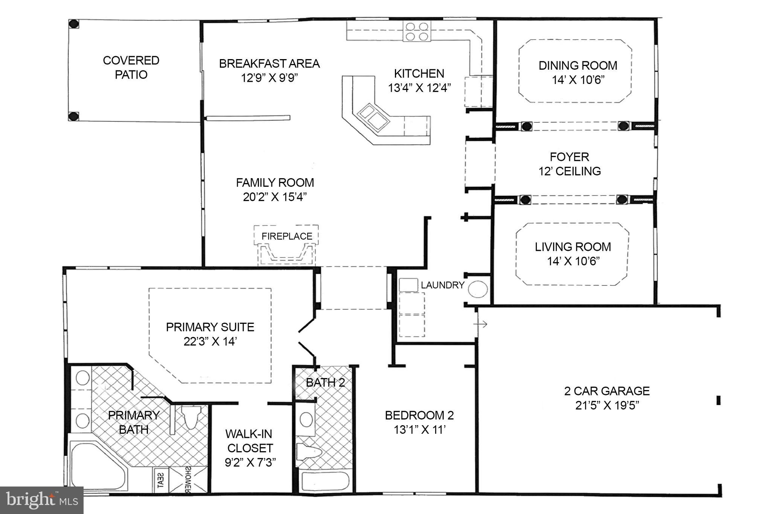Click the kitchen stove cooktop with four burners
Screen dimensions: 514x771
click(x=417, y=31)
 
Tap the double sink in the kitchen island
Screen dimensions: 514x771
click(x=372, y=116)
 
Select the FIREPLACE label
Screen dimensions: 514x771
click(x=287, y=236)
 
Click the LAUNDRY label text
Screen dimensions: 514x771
click(x=442, y=285)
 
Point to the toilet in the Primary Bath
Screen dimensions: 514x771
click(x=191, y=417)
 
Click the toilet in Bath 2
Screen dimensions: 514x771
click(x=309, y=451)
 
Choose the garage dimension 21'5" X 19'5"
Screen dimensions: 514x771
click(x=607, y=406)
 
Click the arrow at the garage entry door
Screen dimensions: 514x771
click(x=482, y=324)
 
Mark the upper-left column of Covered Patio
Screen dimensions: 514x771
click(x=74, y=24)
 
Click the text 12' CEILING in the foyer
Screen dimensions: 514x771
click(x=569, y=171)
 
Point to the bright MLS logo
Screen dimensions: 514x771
click(x=41, y=500)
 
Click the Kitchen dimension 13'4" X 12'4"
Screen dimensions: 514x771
click(x=419, y=88)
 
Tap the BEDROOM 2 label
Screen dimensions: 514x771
click(x=419, y=415)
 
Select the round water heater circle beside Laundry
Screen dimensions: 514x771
click(x=478, y=289)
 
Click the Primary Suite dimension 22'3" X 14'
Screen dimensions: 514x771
click(x=210, y=342)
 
